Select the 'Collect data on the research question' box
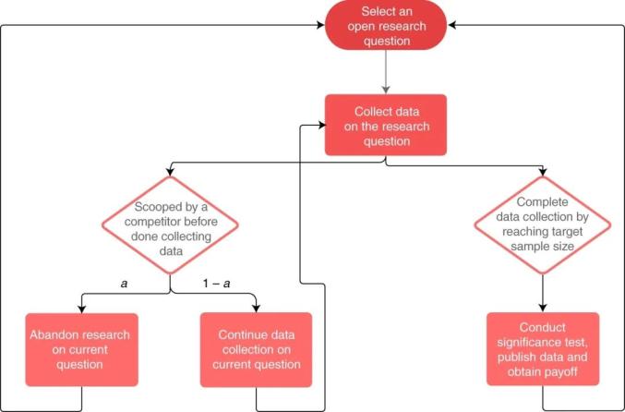(x=385, y=124)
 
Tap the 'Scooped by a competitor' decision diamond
(x=170, y=225)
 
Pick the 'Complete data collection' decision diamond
(x=542, y=225)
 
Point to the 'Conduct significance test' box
(x=542, y=348)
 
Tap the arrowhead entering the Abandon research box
(x=83, y=309)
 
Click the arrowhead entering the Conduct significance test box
(x=542, y=309)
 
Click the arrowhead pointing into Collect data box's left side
(x=319, y=124)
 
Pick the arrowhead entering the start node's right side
(x=453, y=26)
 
